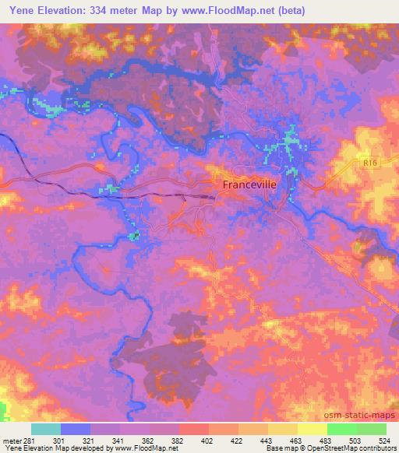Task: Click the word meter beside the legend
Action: tap(12, 441)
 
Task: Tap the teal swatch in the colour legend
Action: tap(46, 429)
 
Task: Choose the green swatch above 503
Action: tap(341, 429)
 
